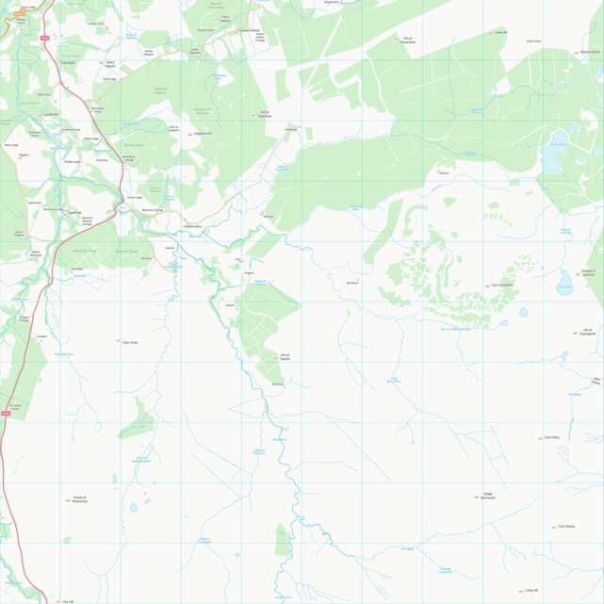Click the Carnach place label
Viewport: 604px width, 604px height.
coord(66,63)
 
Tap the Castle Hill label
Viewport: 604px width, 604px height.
coord(51,115)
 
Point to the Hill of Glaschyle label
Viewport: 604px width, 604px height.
coord(265,116)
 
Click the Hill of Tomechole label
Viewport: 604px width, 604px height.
coord(407,40)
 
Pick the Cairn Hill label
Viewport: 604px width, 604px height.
coord(500,32)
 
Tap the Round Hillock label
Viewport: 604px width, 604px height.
coord(590,52)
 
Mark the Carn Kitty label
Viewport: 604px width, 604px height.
coord(552,437)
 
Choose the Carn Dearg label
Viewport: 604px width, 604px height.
coord(565,526)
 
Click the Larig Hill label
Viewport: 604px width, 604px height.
coord(531,590)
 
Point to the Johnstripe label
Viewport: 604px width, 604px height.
coord(290,129)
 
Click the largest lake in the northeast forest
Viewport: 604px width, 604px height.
coord(550,156)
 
